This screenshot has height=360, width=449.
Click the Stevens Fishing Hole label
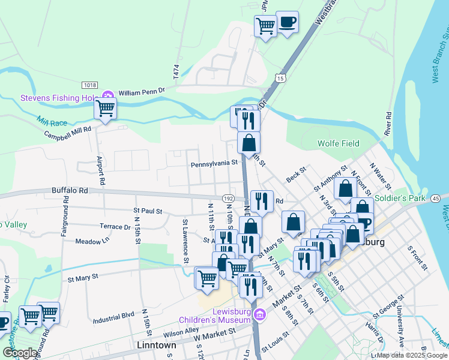coord(59,97)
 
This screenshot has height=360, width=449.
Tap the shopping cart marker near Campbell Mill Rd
coord(105,109)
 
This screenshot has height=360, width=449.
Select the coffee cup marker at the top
coord(287,22)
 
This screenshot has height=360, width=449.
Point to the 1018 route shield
coord(90,86)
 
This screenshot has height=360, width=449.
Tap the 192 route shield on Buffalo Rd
coord(228,198)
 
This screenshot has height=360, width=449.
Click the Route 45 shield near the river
coord(435,199)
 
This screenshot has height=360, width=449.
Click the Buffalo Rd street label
coord(70,190)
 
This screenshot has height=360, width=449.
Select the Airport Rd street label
coord(101,170)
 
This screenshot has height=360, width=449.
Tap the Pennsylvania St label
coord(214,163)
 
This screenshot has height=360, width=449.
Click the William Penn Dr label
coord(141,92)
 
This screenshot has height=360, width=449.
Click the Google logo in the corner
coord(20,353)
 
